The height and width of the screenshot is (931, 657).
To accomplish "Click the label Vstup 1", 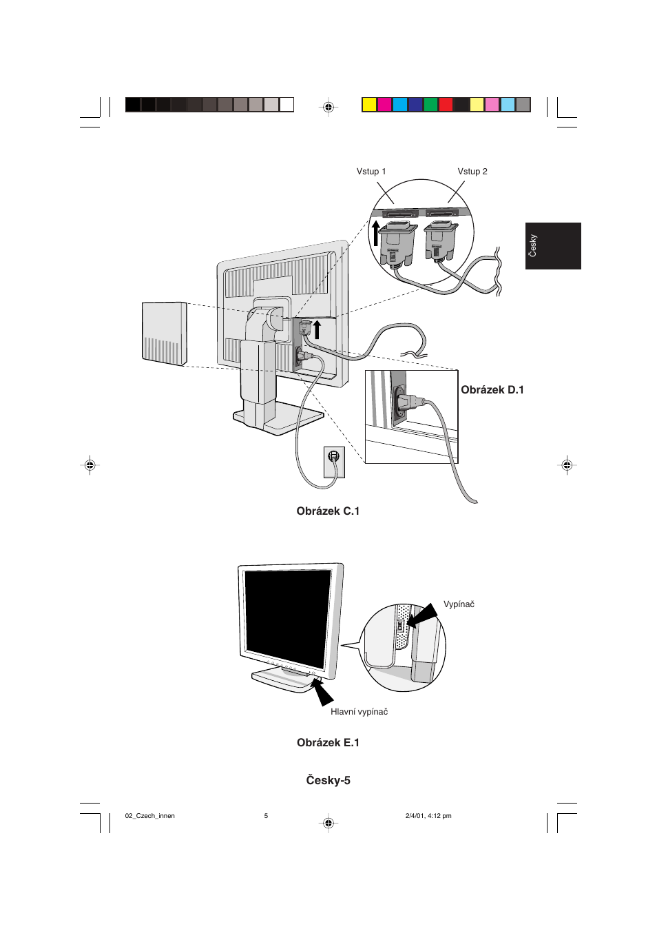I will (371, 172).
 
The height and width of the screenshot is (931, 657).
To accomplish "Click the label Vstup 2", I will (472, 172).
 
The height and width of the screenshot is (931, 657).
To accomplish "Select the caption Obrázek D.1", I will (492, 390).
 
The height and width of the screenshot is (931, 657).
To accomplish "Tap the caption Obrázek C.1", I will (328, 511).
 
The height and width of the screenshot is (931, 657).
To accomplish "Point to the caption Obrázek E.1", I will (328, 743).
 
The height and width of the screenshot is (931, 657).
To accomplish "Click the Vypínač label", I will (459, 604).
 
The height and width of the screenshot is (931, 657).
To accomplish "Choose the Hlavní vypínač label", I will (359, 712).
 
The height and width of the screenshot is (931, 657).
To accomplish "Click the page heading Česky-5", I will (328, 781).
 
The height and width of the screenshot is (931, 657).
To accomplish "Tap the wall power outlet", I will (334, 462).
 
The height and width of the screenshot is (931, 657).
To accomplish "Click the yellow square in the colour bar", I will (370, 105).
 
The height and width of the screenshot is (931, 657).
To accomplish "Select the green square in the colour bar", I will (431, 105).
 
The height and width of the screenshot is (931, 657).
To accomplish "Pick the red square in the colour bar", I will (446, 105).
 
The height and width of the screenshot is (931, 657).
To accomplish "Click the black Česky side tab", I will (553, 246).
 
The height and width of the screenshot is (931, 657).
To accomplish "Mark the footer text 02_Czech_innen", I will (150, 816).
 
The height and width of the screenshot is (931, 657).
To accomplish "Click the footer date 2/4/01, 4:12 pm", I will (428, 816).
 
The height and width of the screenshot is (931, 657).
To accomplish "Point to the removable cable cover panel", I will (165, 334).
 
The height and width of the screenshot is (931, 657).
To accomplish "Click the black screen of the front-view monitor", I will (287, 614).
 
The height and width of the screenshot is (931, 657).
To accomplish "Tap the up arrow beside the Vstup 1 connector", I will (375, 233).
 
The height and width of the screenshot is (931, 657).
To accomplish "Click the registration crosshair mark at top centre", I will (328, 107).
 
